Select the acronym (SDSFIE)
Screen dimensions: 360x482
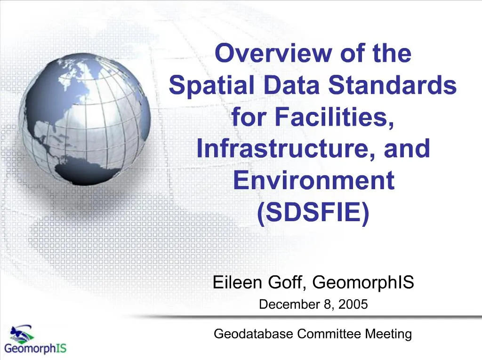click(x=313, y=213)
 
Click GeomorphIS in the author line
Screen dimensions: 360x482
click(x=363, y=283)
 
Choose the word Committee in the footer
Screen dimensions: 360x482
click(x=330, y=334)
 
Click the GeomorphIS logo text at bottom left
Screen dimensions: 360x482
click(x=36, y=349)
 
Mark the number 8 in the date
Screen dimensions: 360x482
click(x=327, y=304)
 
